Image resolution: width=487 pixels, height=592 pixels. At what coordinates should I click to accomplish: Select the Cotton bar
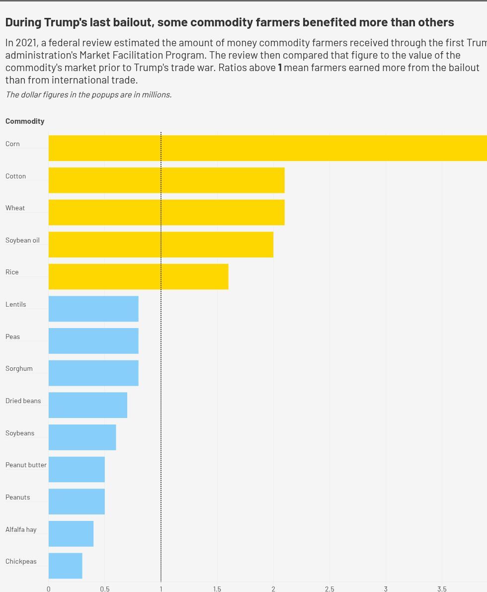tap(166, 180)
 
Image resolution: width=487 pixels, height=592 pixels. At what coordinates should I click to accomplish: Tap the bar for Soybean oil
tap(161, 244)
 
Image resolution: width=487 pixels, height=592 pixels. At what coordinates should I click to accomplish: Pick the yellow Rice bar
tap(138, 276)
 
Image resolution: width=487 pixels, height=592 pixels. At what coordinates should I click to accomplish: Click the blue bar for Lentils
tap(93, 309)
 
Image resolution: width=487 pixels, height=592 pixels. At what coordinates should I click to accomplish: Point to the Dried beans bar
tap(87, 405)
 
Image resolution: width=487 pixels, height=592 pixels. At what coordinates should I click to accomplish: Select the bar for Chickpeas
tap(65, 566)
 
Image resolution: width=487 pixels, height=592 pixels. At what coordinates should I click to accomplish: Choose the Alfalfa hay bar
tap(71, 533)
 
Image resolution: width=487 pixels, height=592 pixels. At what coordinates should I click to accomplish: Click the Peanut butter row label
tap(26, 465)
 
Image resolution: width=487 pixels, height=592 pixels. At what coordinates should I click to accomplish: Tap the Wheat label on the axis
tap(15, 208)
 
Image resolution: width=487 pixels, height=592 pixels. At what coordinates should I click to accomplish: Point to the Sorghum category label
tap(19, 368)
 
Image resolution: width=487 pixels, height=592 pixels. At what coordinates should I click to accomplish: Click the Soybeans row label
tap(20, 433)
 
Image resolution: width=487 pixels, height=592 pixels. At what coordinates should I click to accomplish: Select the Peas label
tap(13, 337)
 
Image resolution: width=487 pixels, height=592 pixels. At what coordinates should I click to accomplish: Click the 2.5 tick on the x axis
tap(329, 589)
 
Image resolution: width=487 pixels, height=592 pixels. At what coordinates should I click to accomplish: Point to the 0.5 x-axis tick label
tap(105, 589)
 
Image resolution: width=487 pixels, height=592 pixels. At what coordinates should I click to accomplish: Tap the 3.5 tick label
tap(442, 589)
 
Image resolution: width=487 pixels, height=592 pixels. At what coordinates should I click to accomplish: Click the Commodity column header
tap(25, 121)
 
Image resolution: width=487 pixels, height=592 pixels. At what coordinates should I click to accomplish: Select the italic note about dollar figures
tap(88, 94)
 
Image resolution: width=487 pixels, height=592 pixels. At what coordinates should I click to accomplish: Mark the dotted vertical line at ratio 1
tap(161, 348)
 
